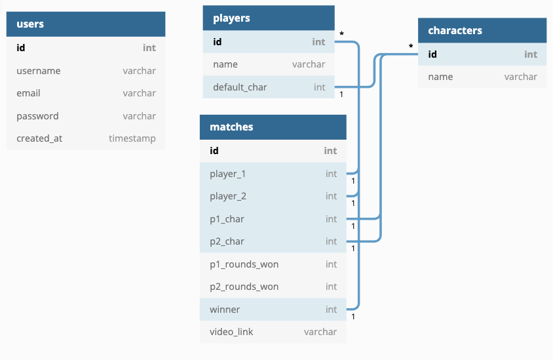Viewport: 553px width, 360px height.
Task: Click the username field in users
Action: pyautogui.click(x=39, y=71)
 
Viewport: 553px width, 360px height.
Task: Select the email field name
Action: pyautogui.click(x=28, y=93)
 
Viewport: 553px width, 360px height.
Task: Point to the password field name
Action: pyautogui.click(x=37, y=116)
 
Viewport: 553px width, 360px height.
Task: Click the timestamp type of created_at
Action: pyautogui.click(x=132, y=138)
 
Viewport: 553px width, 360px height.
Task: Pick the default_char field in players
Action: pyautogui.click(x=240, y=87)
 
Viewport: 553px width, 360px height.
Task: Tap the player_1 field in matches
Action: pyautogui.click(x=227, y=174)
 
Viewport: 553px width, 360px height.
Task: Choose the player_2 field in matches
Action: pyautogui.click(x=227, y=196)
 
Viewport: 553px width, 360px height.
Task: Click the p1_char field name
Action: pyautogui.click(x=227, y=219)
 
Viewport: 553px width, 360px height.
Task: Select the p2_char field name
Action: pyautogui.click(x=227, y=241)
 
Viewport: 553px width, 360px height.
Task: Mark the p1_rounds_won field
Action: pyautogui.click(x=244, y=264)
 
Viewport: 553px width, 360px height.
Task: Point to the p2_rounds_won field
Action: pyautogui.click(x=244, y=287)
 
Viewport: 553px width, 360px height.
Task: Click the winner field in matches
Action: pyautogui.click(x=225, y=310)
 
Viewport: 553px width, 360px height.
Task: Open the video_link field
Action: pyautogui.click(x=231, y=332)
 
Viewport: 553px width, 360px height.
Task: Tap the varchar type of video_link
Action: pyautogui.click(x=320, y=332)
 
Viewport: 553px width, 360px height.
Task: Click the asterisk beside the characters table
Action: pyautogui.click(x=411, y=47)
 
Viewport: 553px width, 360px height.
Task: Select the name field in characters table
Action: pyautogui.click(x=440, y=77)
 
